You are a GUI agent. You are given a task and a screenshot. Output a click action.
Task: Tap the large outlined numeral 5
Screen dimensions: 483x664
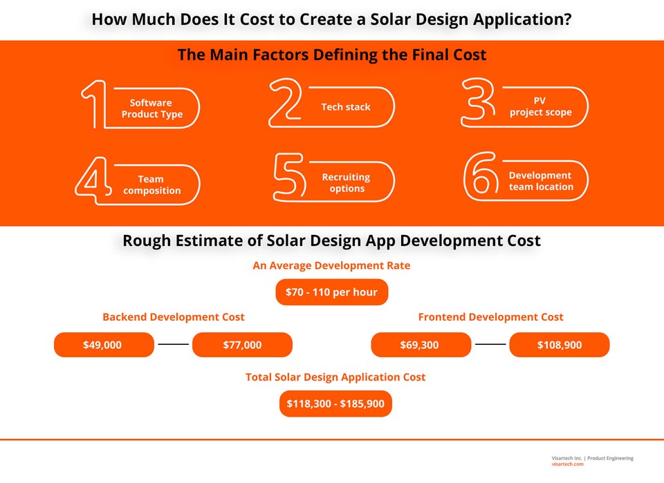click(x=289, y=177)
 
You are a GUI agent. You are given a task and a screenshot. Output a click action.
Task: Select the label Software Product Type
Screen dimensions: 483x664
click(x=151, y=108)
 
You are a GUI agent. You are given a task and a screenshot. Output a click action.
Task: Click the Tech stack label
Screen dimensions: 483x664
click(x=346, y=107)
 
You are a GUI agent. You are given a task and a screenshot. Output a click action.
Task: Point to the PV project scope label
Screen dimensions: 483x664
click(x=541, y=106)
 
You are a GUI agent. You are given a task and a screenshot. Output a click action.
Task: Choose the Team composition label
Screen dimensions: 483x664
click(x=151, y=184)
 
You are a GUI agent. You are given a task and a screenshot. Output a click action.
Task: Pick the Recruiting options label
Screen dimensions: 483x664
click(x=347, y=182)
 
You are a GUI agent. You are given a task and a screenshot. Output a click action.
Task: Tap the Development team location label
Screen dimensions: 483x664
click(x=541, y=181)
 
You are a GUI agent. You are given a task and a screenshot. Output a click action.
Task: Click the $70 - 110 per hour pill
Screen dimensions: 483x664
click(x=332, y=292)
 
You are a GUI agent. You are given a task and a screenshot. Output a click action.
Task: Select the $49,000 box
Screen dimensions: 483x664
click(x=104, y=345)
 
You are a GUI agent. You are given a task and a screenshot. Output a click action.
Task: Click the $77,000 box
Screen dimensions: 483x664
click(x=242, y=345)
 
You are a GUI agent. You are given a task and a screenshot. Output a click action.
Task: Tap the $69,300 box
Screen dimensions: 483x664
click(x=421, y=345)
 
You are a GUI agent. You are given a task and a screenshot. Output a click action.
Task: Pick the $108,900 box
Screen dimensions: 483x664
click(x=559, y=345)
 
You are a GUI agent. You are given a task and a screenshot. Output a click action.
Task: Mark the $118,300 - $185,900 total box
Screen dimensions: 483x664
click(x=335, y=404)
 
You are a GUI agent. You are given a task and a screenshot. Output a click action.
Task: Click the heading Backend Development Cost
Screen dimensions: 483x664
click(x=173, y=317)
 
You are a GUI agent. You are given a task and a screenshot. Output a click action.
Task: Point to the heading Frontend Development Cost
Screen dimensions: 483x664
click(x=490, y=317)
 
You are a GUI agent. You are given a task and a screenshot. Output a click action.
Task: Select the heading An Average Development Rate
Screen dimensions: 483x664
click(x=331, y=266)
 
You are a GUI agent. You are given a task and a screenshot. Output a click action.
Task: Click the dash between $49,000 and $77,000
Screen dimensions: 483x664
click(x=173, y=344)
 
